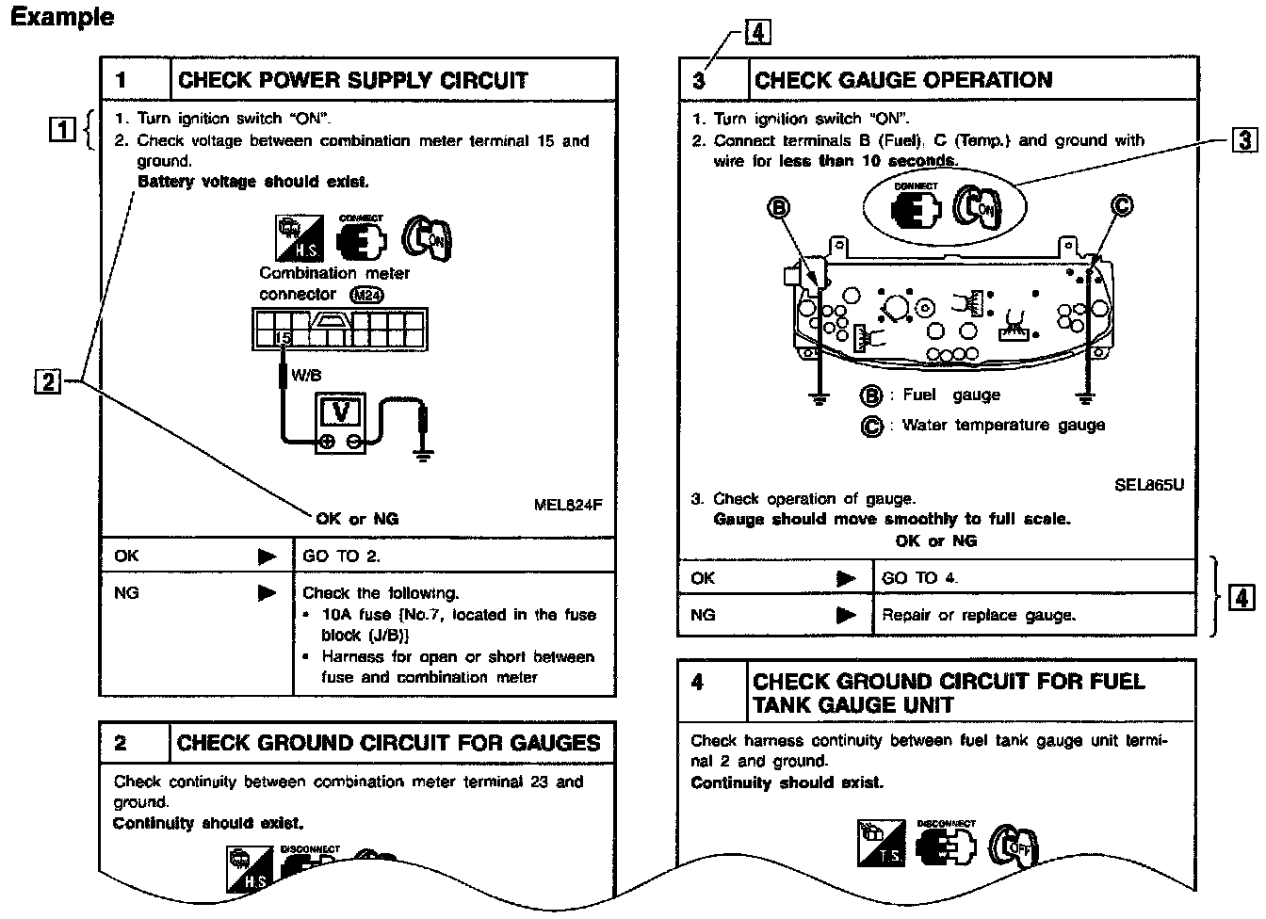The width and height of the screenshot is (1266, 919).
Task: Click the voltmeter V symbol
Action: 341,412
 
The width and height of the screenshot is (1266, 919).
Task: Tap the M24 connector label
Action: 365,294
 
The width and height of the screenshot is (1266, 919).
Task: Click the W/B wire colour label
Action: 306,376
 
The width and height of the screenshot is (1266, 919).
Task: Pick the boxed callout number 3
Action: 1244,141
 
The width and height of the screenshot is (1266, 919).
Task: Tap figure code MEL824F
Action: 567,505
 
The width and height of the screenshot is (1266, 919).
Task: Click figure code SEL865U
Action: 1148,485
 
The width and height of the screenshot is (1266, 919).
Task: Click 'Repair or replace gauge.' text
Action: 977,616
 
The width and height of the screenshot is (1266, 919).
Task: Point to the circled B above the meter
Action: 779,207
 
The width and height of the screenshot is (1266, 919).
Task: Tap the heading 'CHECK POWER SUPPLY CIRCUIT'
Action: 352,80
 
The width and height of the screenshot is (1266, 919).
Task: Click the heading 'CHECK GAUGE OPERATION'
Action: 902,80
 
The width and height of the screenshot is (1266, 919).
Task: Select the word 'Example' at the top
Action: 62,17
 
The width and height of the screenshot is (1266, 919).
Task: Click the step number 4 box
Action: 698,682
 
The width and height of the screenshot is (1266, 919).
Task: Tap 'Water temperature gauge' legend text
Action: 1003,426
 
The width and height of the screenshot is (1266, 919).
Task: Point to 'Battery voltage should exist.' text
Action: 252,182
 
